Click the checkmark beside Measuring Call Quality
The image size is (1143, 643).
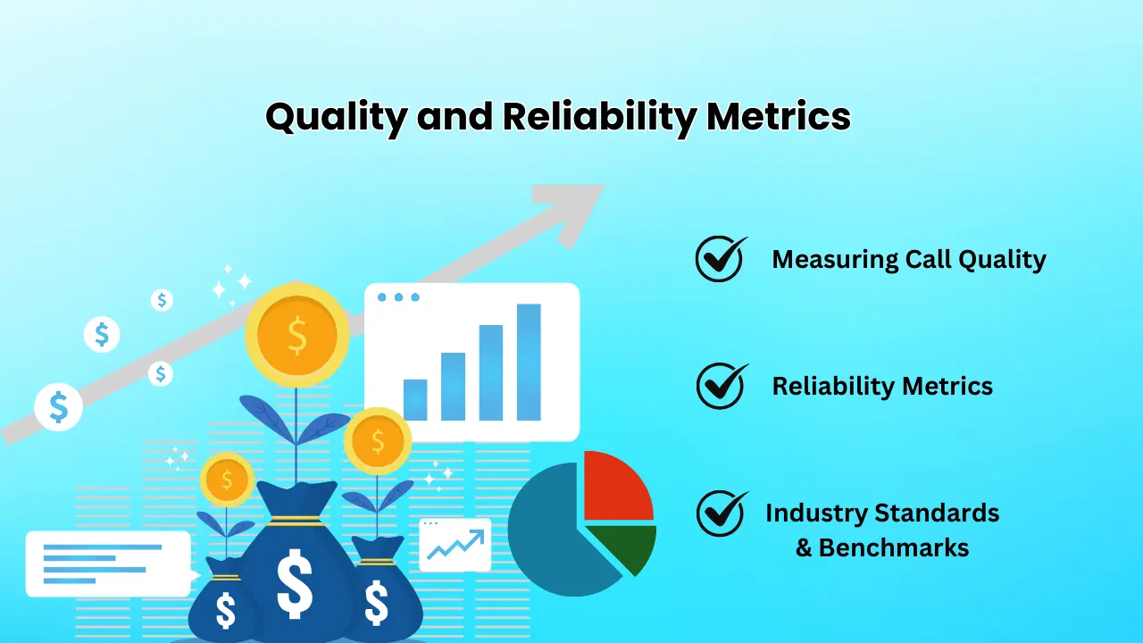[x=721, y=259]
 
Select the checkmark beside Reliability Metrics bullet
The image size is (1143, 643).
[x=721, y=386]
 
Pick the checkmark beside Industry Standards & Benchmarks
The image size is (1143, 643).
[x=721, y=514]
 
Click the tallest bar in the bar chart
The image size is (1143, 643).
[x=529, y=362]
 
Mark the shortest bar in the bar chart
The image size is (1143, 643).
[x=415, y=399]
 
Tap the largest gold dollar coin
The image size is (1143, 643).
[x=296, y=336]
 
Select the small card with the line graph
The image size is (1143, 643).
[x=455, y=545]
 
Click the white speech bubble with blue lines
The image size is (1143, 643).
[x=107, y=563]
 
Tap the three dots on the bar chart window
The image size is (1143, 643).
[x=398, y=296]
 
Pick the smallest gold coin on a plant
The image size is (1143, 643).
[x=227, y=480]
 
